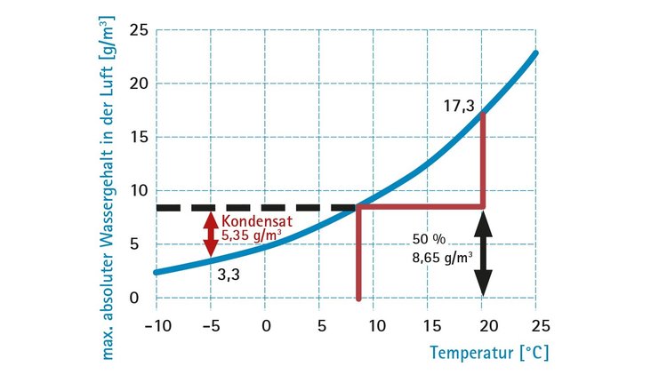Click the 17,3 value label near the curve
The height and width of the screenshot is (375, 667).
point(458,107)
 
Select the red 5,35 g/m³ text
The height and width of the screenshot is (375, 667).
point(253,236)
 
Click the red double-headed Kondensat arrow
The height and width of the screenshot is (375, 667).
point(210,233)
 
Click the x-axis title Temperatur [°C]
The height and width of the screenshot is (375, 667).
point(489,352)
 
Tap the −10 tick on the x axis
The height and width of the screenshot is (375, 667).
point(155,325)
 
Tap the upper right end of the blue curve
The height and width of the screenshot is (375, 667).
point(536,53)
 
